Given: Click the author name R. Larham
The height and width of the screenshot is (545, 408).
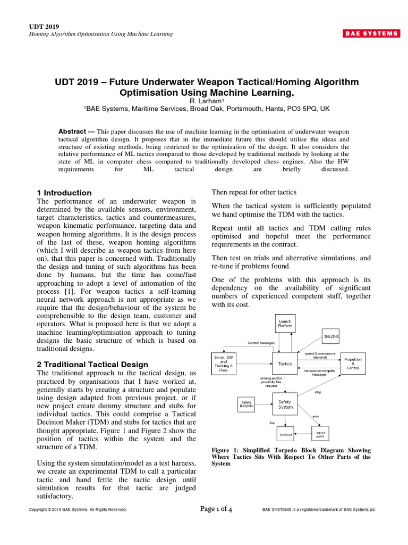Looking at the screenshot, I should [207, 101].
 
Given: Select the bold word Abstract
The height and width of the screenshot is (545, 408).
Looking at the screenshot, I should [71, 131].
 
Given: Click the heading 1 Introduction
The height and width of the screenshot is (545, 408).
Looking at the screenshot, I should [64, 193].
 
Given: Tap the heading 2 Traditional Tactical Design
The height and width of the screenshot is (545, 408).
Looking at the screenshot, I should [92, 365].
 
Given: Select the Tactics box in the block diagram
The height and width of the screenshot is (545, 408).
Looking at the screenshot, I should [285, 364].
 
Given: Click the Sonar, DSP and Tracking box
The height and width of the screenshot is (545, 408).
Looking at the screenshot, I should [219, 363].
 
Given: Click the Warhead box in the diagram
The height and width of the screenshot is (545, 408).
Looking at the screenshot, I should [286, 434].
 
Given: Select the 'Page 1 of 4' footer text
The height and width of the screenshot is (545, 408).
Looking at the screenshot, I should [216, 509].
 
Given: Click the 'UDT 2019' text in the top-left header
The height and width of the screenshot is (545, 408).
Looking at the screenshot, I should [44, 27].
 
